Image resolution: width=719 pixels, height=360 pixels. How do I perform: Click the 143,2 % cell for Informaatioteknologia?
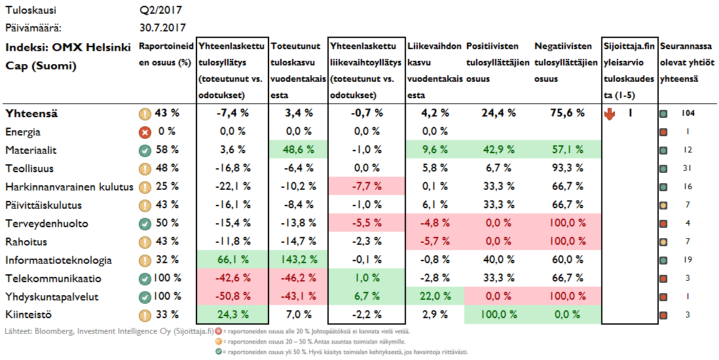(299, 261)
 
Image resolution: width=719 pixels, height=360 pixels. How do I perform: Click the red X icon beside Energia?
(145, 132)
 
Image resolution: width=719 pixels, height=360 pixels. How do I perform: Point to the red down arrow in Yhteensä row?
(610, 113)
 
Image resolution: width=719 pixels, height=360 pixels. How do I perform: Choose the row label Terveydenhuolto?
(46, 224)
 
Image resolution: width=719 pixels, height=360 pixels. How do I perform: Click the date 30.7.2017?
(162, 28)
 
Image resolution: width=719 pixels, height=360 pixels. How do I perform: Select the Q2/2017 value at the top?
(160, 10)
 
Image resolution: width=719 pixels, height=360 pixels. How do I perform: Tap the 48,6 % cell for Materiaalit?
(299, 150)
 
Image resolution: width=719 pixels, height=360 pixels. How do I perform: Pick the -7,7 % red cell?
(364, 187)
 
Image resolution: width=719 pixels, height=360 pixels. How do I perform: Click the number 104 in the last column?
(688, 113)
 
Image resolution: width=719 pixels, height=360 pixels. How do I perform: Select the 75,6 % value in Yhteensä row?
(567, 113)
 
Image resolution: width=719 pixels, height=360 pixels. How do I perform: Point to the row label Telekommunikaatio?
(53, 279)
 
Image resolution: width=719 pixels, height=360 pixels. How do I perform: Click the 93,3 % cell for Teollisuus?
(567, 168)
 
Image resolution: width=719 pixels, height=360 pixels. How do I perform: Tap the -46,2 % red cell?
(299, 279)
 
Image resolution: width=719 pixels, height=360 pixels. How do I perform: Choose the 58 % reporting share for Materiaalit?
(167, 150)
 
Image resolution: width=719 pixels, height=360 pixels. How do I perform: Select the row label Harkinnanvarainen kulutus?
(69, 187)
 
